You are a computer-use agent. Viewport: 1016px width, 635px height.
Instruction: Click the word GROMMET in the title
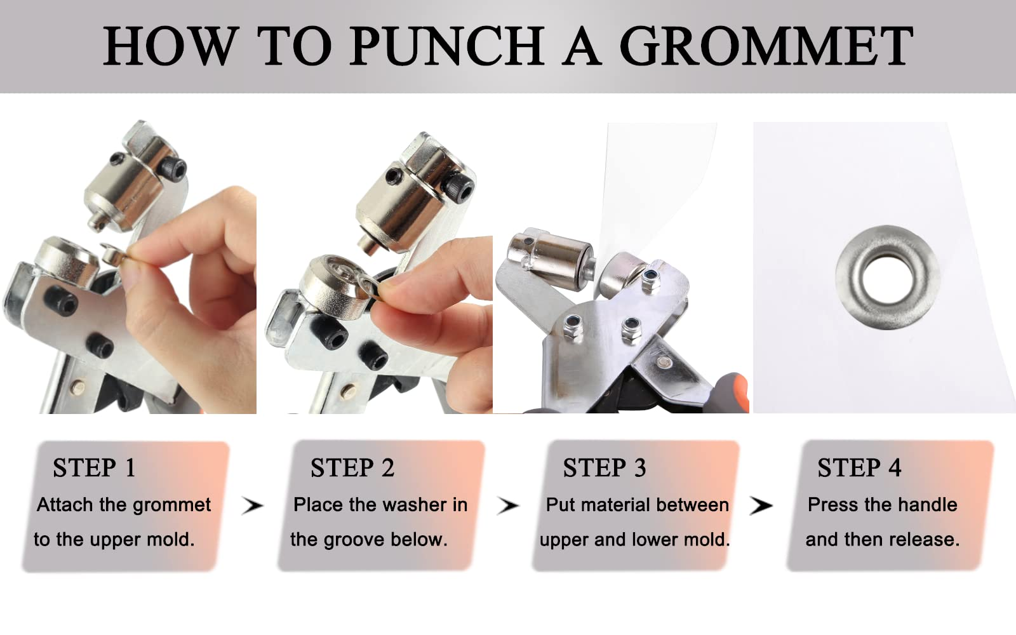(766, 46)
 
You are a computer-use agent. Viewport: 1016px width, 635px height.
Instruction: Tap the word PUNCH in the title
(446, 46)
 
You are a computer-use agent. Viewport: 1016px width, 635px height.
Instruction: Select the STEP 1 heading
(95, 467)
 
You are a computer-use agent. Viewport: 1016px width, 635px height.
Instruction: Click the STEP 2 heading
(352, 467)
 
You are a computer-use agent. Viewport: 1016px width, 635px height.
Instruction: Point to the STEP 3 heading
(605, 467)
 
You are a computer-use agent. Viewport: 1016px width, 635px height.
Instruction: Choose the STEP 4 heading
(859, 467)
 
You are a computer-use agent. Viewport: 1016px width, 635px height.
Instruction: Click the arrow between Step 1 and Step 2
(252, 505)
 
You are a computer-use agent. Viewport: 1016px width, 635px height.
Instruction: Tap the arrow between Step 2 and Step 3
(507, 505)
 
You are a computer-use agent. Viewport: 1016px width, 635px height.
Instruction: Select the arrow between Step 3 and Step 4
(761, 505)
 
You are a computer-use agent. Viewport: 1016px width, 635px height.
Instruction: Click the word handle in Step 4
(928, 504)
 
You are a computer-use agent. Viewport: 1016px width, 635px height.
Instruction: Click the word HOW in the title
(171, 46)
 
